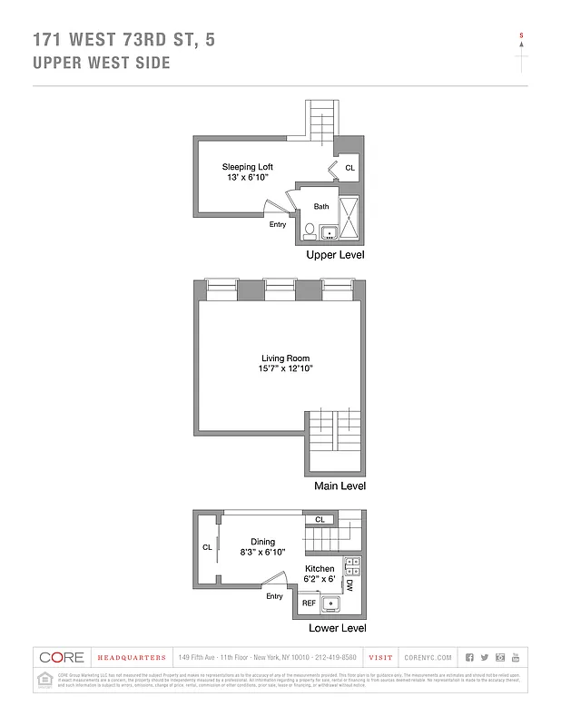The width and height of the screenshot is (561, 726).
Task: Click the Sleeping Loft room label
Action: click(247, 167)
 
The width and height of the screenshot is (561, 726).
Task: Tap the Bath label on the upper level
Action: click(320, 207)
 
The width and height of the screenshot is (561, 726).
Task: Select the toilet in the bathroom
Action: click(309, 231)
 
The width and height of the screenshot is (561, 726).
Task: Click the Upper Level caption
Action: click(335, 257)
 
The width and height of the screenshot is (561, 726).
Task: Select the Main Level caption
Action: click(340, 486)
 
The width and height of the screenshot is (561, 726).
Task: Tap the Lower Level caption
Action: click(337, 628)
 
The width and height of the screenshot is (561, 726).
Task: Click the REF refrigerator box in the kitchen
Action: click(309, 603)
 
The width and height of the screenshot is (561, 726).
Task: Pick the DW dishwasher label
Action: click(349, 585)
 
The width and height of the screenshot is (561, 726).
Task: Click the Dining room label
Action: click(263, 542)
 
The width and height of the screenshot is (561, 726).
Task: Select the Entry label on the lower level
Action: click(274, 596)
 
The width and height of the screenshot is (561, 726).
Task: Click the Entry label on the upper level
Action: click(278, 224)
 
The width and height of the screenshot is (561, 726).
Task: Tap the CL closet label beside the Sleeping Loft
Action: click(349, 169)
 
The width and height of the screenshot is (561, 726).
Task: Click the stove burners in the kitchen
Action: click(353, 565)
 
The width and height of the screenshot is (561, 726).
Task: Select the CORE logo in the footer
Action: click(61, 657)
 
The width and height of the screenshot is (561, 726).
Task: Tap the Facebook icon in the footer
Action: click(469, 657)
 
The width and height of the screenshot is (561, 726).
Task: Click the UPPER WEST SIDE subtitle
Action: click(101, 63)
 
